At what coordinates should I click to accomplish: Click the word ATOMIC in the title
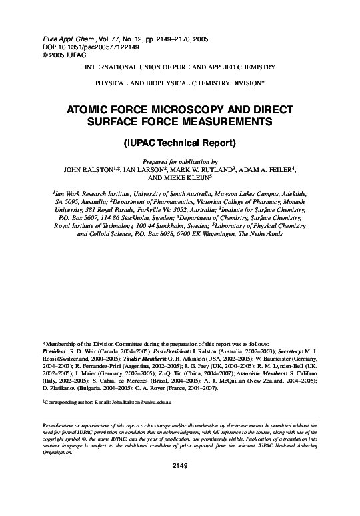point(90,109)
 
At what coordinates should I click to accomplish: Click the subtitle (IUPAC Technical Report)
point(180,143)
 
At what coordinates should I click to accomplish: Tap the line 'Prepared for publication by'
point(180,161)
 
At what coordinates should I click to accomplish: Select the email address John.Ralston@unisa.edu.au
point(141,404)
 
